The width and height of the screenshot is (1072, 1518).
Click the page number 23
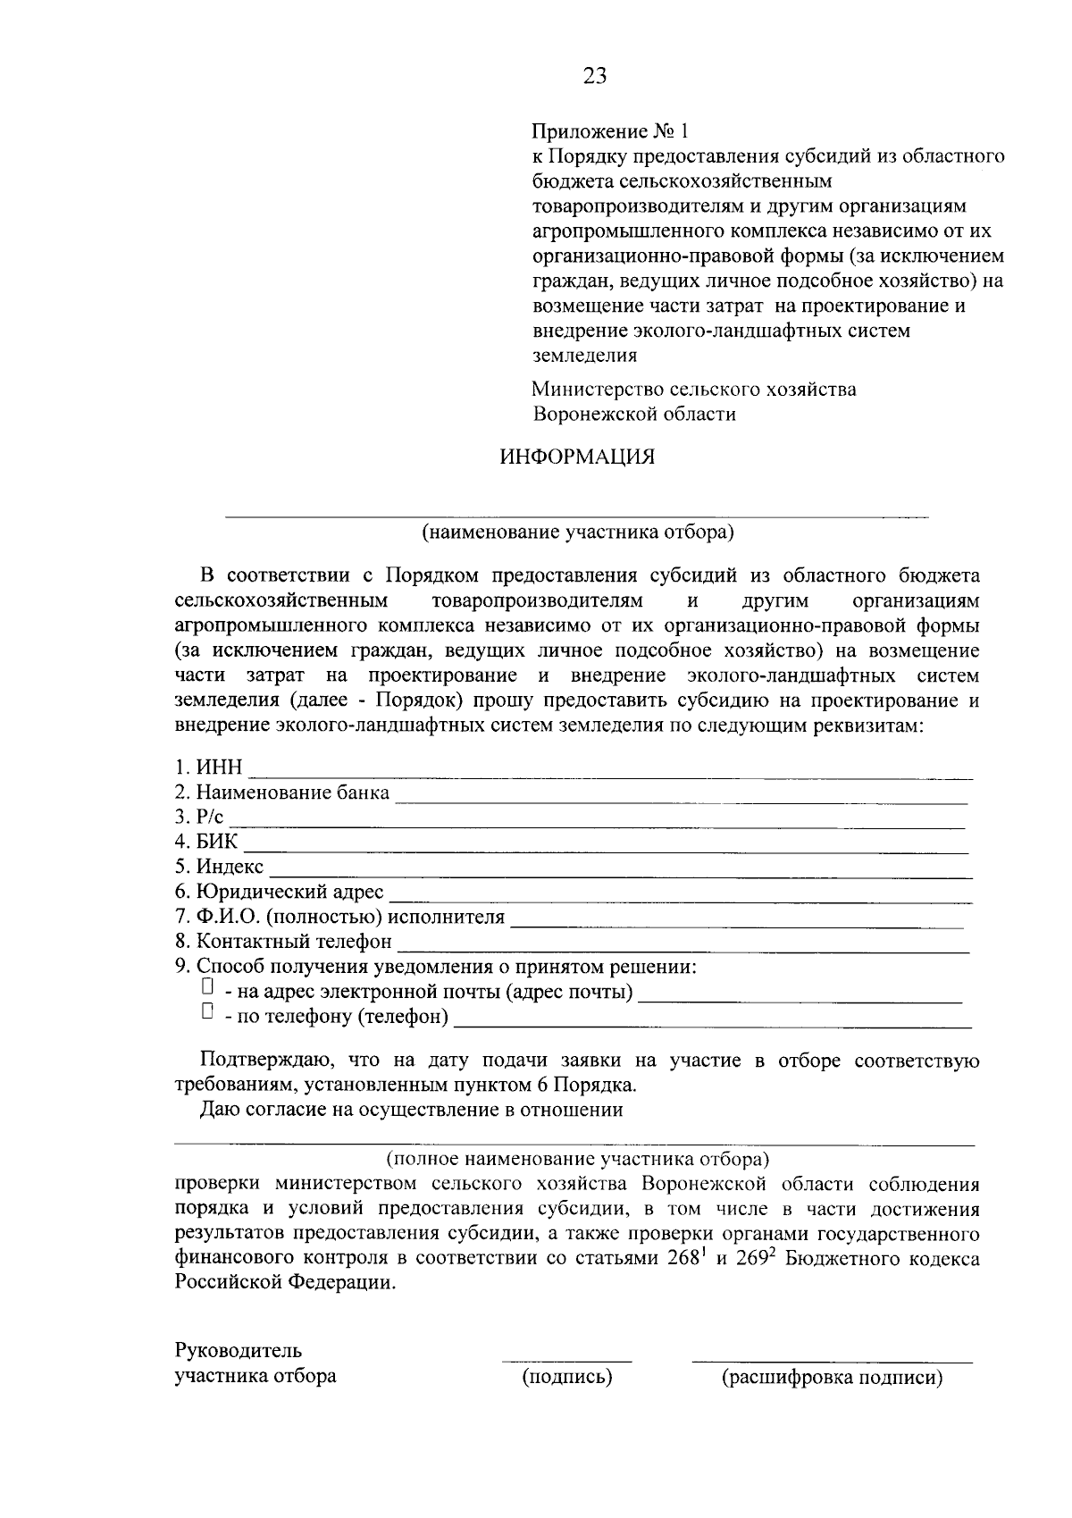coord(595,76)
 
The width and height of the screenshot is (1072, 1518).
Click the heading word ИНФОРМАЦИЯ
coord(577,457)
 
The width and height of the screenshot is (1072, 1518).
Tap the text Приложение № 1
coord(611,131)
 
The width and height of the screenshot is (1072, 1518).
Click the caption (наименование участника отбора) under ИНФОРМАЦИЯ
coord(578,533)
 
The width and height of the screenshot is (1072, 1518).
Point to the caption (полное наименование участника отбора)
coord(577,1160)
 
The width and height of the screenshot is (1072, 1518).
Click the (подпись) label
coord(567,1377)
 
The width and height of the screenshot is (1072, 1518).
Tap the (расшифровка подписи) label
coord(833,1377)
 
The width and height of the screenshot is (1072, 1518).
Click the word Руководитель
coord(239,1350)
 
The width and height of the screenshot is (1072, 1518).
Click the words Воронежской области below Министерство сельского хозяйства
coord(634,415)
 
